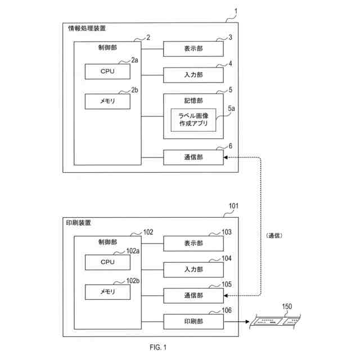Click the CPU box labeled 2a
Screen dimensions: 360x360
coord(107,71)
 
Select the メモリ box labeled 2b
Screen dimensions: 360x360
coord(107,101)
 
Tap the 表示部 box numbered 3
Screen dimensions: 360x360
coord(193,49)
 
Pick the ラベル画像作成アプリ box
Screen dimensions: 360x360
coord(193,120)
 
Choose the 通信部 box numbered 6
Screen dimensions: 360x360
coord(193,157)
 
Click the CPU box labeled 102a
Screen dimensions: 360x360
coord(107,262)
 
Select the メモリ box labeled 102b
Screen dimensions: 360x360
coord(107,292)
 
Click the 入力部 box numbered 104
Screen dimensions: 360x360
coord(193,269)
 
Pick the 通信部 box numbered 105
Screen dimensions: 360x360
coord(193,295)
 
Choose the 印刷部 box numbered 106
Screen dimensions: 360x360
coord(193,321)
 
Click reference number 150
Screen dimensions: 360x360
coord(287,307)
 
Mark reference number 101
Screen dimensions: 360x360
coord(233,206)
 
